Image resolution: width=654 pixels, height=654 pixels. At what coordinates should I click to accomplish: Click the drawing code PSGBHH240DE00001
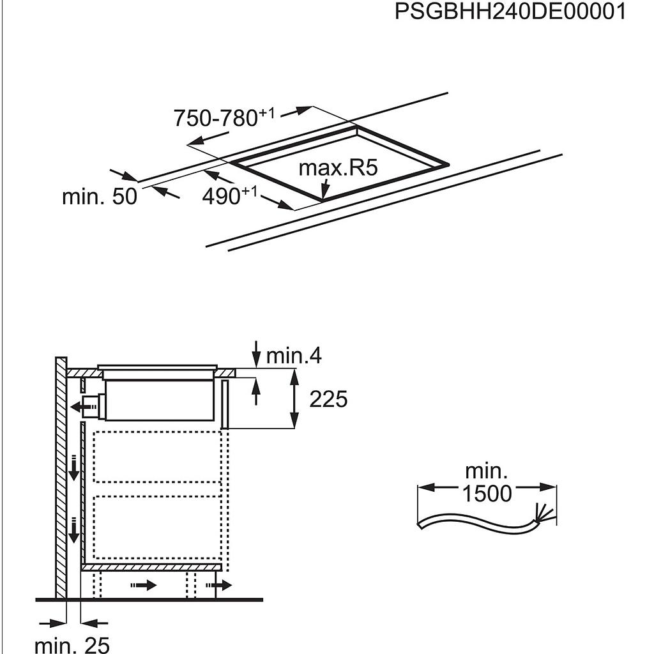(x=510, y=11)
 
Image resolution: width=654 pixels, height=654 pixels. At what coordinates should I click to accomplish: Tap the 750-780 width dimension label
(x=224, y=118)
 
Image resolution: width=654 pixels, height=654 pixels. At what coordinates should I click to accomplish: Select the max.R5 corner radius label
(x=338, y=168)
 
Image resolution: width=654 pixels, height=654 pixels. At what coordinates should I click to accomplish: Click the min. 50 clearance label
(x=99, y=196)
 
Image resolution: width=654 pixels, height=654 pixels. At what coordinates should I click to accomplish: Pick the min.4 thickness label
(x=294, y=356)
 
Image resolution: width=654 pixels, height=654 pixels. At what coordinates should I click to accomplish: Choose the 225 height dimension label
(x=328, y=399)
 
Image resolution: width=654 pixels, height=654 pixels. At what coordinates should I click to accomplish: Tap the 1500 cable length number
(x=487, y=494)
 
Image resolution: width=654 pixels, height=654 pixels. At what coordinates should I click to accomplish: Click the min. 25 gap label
(x=72, y=645)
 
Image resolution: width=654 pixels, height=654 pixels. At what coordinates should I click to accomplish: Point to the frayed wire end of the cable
(x=544, y=513)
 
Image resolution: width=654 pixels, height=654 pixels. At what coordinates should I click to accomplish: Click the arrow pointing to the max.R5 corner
(x=325, y=188)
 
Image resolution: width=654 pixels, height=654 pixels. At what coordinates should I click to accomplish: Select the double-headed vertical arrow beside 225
(x=294, y=399)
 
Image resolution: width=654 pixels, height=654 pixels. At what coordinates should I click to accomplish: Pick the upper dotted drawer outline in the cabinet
(x=157, y=457)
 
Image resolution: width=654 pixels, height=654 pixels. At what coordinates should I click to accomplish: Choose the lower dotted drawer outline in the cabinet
(x=157, y=527)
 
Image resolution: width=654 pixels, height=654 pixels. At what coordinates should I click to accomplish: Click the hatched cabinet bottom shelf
(x=151, y=567)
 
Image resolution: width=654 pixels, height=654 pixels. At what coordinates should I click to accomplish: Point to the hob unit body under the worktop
(x=159, y=400)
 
